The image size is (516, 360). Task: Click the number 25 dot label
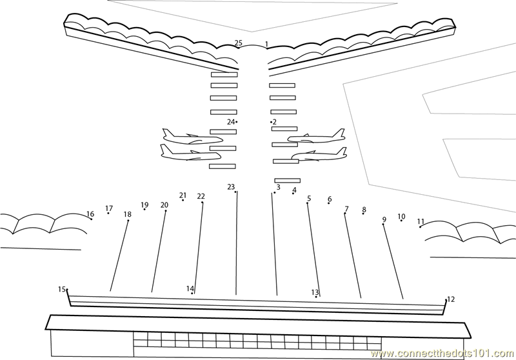[x=239, y=43]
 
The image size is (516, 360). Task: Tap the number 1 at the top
[x=266, y=44]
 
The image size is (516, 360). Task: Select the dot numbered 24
[x=237, y=122]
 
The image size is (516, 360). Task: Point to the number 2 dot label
[x=275, y=122]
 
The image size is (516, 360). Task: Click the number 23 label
[x=231, y=187]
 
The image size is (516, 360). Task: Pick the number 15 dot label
[x=62, y=289]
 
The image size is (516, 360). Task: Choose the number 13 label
[x=315, y=292]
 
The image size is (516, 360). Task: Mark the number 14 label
[x=190, y=288]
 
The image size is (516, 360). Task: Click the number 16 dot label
[x=90, y=214]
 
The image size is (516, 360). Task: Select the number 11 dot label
[x=421, y=221]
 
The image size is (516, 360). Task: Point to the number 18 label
[x=128, y=214]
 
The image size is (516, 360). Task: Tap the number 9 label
[x=384, y=219]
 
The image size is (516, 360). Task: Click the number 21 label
[x=183, y=195]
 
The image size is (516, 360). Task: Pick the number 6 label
[x=330, y=199]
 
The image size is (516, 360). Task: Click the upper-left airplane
[x=192, y=137]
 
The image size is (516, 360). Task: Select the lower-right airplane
[x=319, y=154]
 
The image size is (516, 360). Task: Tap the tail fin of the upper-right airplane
[x=340, y=133]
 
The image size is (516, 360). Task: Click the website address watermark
[x=442, y=354]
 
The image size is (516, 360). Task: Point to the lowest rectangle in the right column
[x=288, y=181]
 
